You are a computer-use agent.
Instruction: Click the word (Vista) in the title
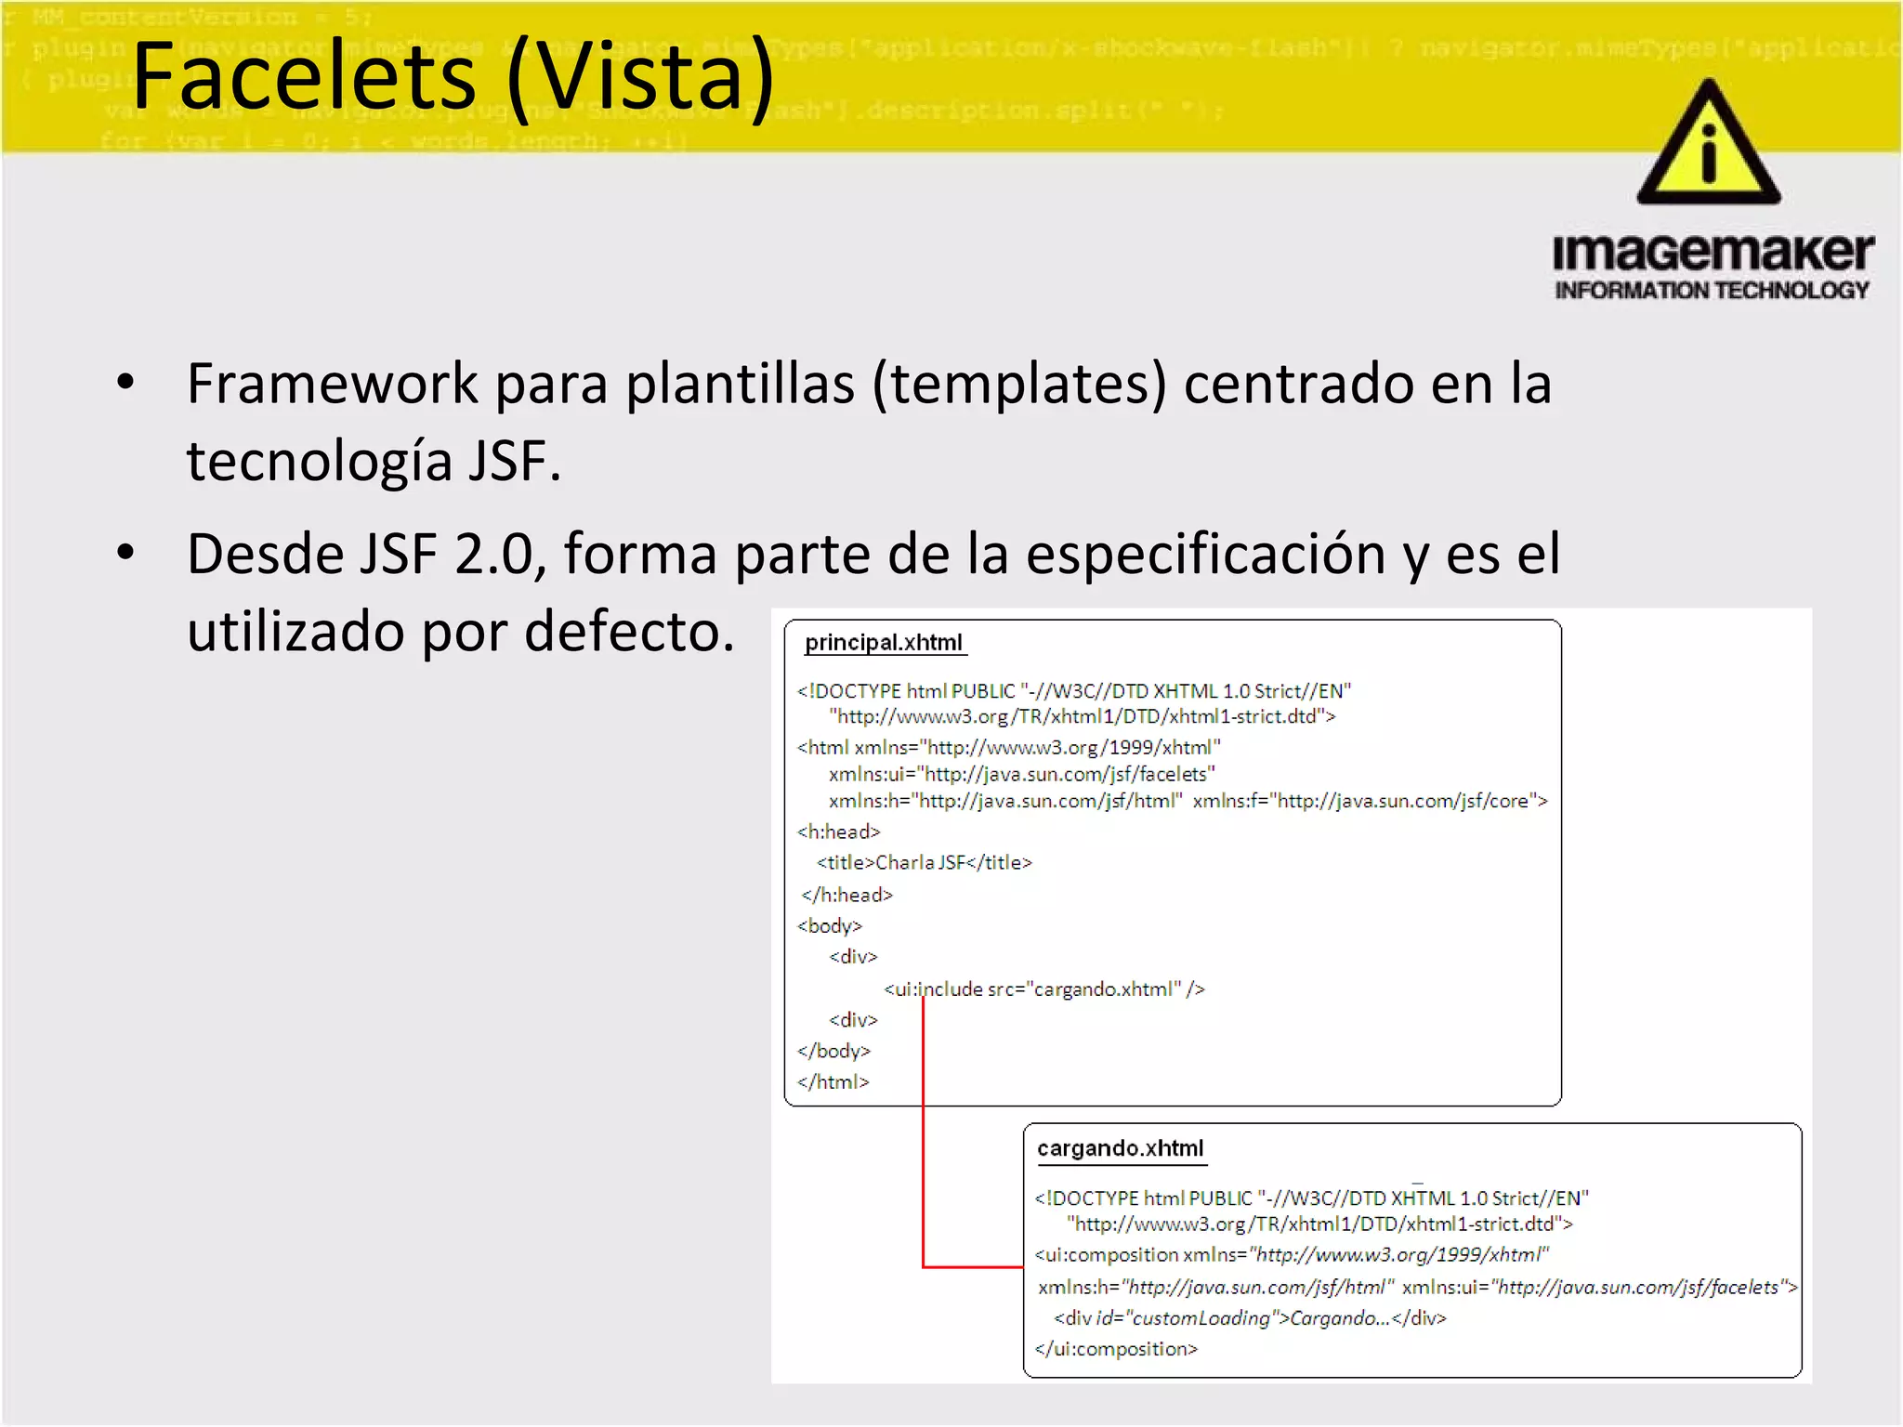(641, 78)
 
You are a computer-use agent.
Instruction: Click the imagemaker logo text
(1713, 253)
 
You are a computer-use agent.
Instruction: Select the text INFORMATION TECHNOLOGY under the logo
(1712, 291)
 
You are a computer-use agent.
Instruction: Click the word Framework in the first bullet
(332, 384)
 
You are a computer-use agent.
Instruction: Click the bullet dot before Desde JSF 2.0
(125, 553)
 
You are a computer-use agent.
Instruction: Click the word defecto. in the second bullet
(629, 632)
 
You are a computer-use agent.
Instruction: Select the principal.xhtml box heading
(883, 643)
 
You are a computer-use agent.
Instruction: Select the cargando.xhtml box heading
(1120, 1149)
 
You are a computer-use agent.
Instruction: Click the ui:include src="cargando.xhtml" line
(1043, 989)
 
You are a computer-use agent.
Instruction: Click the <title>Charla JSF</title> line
(924, 863)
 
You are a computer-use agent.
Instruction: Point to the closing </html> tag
(833, 1082)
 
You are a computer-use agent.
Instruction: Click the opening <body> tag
(829, 926)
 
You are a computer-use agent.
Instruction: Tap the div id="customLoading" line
(1249, 1318)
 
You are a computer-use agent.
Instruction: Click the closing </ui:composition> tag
(1116, 1349)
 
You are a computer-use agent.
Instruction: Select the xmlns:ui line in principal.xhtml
(1021, 775)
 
